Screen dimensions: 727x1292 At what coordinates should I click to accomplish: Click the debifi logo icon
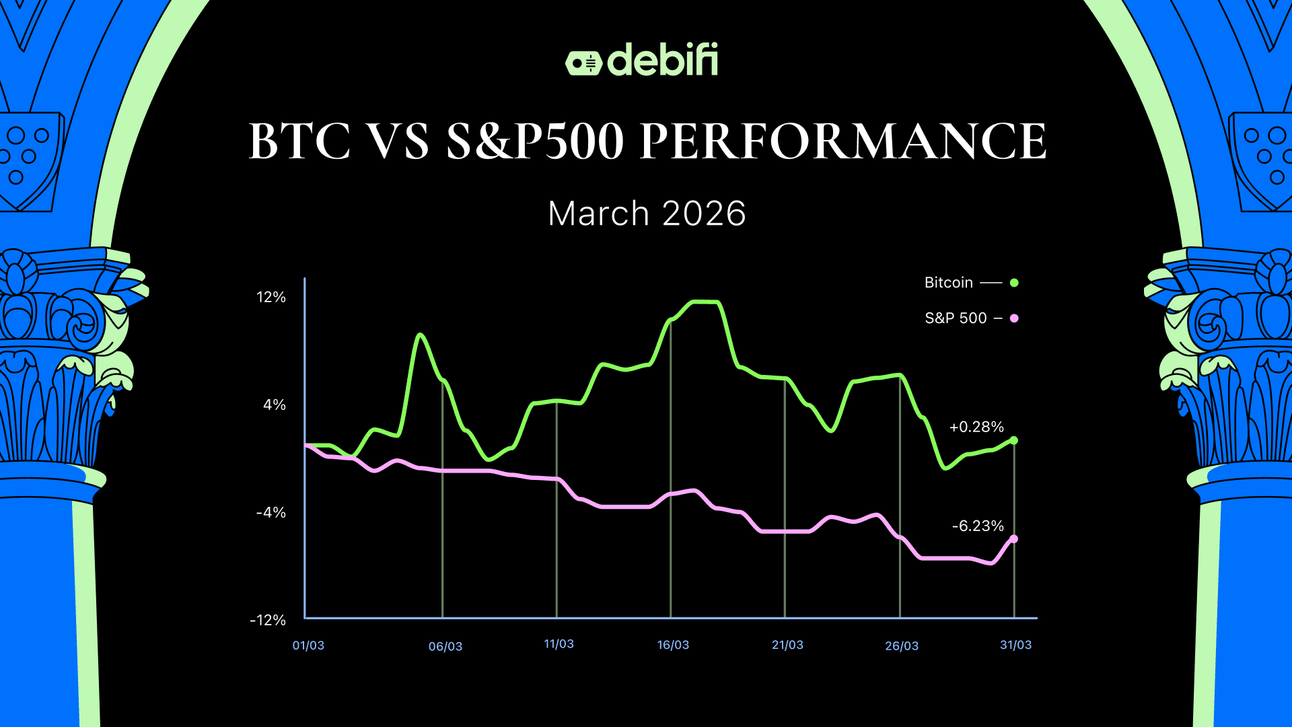[583, 63]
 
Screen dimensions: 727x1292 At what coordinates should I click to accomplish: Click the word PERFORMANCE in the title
[842, 141]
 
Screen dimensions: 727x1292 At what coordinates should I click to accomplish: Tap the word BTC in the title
[300, 141]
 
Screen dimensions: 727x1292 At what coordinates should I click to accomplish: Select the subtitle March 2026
[647, 214]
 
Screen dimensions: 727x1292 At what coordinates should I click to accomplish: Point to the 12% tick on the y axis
[271, 297]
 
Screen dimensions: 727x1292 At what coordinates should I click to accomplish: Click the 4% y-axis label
[275, 405]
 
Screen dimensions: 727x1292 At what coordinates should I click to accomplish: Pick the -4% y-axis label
[271, 512]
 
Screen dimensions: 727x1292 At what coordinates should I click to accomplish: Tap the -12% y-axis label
[268, 620]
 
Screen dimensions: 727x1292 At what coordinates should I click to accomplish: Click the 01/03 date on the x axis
[308, 646]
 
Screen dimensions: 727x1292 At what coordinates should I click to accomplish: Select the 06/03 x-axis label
[445, 646]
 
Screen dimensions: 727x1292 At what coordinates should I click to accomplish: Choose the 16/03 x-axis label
[673, 645]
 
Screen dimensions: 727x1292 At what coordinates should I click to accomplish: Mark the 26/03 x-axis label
[902, 646]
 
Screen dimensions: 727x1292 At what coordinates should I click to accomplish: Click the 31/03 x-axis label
[1015, 645]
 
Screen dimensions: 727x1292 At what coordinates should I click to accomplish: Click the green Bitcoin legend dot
[1014, 283]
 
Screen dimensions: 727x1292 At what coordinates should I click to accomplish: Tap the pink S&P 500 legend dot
[1014, 318]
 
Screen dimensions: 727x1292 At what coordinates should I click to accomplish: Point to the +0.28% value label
[976, 427]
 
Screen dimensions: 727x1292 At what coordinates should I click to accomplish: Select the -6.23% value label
[978, 526]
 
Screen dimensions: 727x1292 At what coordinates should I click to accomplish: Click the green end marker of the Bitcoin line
[1014, 440]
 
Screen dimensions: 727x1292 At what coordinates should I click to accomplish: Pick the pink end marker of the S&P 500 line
[1014, 539]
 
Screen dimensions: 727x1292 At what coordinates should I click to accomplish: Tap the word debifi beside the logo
[663, 61]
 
